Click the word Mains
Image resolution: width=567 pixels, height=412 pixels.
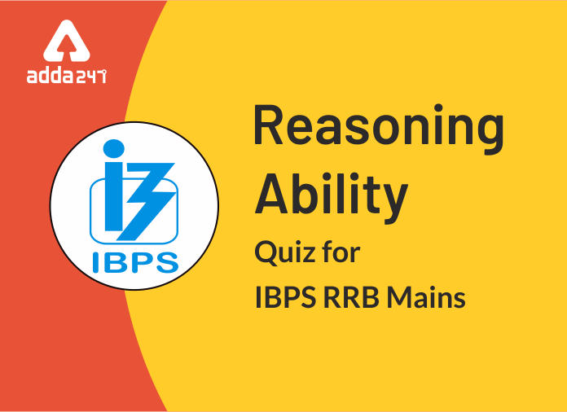426,298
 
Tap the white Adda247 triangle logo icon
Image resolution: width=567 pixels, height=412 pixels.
67,41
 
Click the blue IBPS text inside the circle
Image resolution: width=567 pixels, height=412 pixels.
135,262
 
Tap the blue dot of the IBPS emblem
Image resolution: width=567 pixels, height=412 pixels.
113,148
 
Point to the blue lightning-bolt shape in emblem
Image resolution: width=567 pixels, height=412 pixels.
146,202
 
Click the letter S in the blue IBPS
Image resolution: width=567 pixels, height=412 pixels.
167,263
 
